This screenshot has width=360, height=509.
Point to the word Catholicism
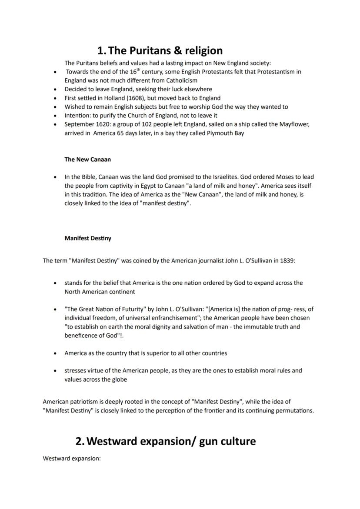181,80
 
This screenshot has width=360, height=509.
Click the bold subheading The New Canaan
87,160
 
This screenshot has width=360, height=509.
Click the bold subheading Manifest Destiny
87,238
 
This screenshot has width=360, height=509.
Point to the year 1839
287,261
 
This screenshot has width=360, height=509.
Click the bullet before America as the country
54,353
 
